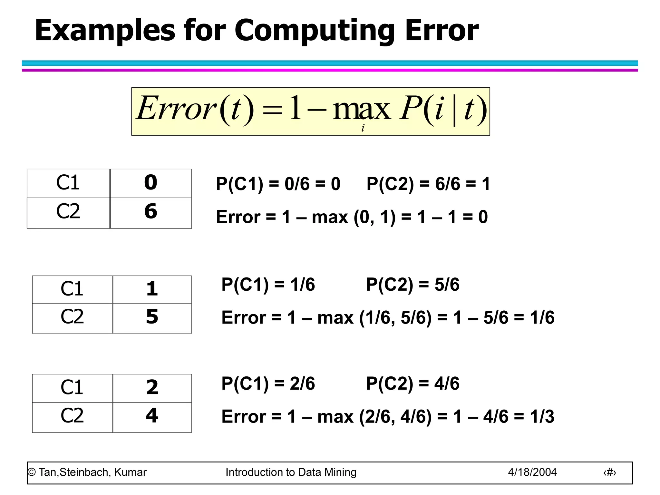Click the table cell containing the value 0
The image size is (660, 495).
(x=151, y=183)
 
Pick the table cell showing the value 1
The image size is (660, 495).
(x=152, y=289)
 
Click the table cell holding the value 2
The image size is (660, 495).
(x=152, y=387)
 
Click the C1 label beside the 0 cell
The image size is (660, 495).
(x=68, y=183)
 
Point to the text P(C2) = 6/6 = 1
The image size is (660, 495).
(x=428, y=184)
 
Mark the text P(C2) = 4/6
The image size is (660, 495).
(x=412, y=383)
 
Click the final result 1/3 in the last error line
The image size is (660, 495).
(x=542, y=416)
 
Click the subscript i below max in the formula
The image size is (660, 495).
(x=363, y=128)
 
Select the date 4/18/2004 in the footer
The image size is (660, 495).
(x=532, y=472)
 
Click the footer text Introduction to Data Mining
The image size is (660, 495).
(x=291, y=472)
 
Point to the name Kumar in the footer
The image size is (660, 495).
(x=130, y=472)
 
